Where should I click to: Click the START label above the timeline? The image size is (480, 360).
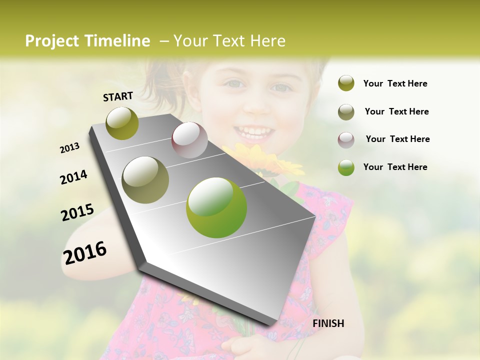click(118, 96)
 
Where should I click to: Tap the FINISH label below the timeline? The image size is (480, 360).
click(328, 323)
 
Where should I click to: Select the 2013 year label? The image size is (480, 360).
click(70, 148)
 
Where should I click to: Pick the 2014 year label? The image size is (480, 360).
click(74, 177)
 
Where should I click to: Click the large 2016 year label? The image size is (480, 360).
click(85, 253)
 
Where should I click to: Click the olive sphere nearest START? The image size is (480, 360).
click(122, 123)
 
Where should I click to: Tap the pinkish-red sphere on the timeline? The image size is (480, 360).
click(189, 140)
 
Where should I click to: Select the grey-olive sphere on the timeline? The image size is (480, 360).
click(145, 180)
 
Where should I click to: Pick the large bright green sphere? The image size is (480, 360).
click(216, 208)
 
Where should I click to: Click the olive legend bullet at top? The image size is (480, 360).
click(346, 83)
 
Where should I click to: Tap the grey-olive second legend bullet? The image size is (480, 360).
click(346, 112)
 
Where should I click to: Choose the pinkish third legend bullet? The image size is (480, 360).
click(346, 139)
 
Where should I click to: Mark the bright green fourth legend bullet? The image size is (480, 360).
click(346, 167)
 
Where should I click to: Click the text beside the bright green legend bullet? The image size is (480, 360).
click(395, 167)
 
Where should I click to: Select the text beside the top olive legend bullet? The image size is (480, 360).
click(395, 83)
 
